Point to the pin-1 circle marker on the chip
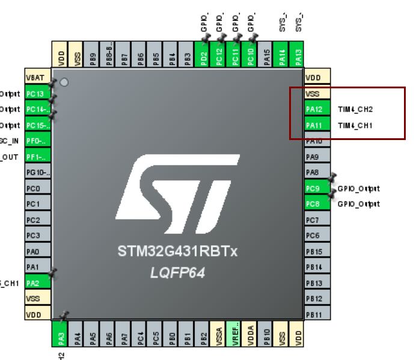pos(64,82)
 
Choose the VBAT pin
pos(37,78)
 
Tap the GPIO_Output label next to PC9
pos(359,189)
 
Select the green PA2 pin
pos(37,282)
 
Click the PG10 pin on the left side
pos(37,173)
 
